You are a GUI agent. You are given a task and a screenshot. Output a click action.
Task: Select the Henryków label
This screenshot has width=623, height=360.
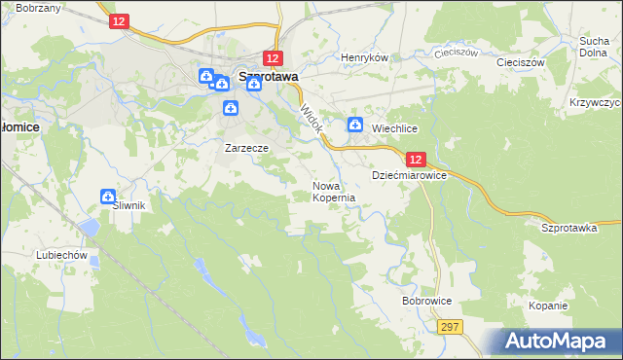point(364,57)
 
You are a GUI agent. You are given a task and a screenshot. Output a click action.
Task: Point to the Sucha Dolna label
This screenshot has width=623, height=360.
point(594,48)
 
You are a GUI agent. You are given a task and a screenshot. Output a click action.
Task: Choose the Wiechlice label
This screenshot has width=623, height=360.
point(394,127)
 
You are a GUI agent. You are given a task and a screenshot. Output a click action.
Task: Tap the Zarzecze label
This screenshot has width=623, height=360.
point(246,148)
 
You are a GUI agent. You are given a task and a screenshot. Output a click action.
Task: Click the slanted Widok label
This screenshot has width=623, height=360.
point(311,120)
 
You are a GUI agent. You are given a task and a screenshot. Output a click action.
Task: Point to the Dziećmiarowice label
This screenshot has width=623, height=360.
point(409,176)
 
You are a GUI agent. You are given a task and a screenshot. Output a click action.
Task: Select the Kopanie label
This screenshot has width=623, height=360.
point(548,306)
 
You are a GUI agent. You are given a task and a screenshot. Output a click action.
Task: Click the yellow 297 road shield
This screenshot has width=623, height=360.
point(448,328)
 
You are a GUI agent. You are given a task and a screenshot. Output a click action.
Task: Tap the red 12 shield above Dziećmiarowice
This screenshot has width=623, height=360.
point(416,159)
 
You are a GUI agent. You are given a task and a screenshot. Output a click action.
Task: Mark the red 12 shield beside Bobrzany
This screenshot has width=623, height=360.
point(118,20)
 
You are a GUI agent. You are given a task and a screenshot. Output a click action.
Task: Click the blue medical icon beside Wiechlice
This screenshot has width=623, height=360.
point(355,125)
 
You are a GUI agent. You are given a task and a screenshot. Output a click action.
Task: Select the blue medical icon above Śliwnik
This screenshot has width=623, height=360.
point(108,197)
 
